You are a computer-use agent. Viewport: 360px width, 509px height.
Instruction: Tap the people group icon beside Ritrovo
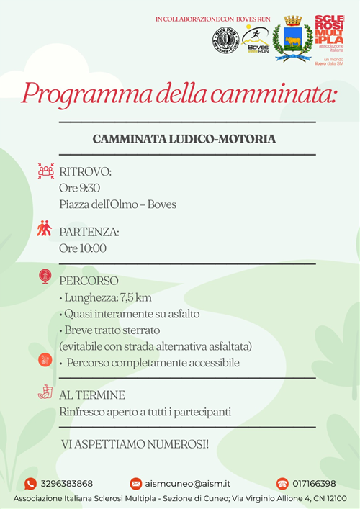point(45,172)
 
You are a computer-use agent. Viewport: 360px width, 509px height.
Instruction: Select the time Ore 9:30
point(79,188)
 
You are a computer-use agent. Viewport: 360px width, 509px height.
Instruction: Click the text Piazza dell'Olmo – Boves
point(117,204)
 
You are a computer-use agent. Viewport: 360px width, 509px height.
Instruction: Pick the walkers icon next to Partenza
point(45,229)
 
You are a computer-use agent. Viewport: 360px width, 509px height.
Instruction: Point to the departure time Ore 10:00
point(82,248)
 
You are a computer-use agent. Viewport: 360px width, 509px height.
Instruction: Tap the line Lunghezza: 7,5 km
point(105,297)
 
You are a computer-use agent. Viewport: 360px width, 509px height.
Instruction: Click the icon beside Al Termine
point(45,393)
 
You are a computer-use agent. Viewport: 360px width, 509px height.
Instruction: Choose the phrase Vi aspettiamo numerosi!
point(135,444)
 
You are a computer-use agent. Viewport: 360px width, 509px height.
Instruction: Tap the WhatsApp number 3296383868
point(67,484)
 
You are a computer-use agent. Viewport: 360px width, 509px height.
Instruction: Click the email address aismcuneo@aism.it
point(189,484)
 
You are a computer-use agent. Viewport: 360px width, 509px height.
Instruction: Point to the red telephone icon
point(282,484)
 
